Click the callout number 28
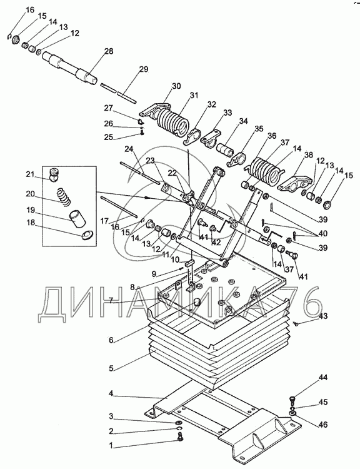click(109, 51)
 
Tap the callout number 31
click(194, 96)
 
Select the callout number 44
click(323, 378)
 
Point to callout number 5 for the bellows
click(111, 368)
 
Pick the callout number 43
click(323, 316)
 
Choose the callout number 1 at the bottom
click(111, 446)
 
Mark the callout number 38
click(308, 155)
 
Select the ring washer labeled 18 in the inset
click(87, 236)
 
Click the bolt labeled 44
click(292, 400)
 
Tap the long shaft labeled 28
click(70, 69)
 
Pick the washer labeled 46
click(292, 413)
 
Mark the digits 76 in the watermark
click(297, 305)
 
